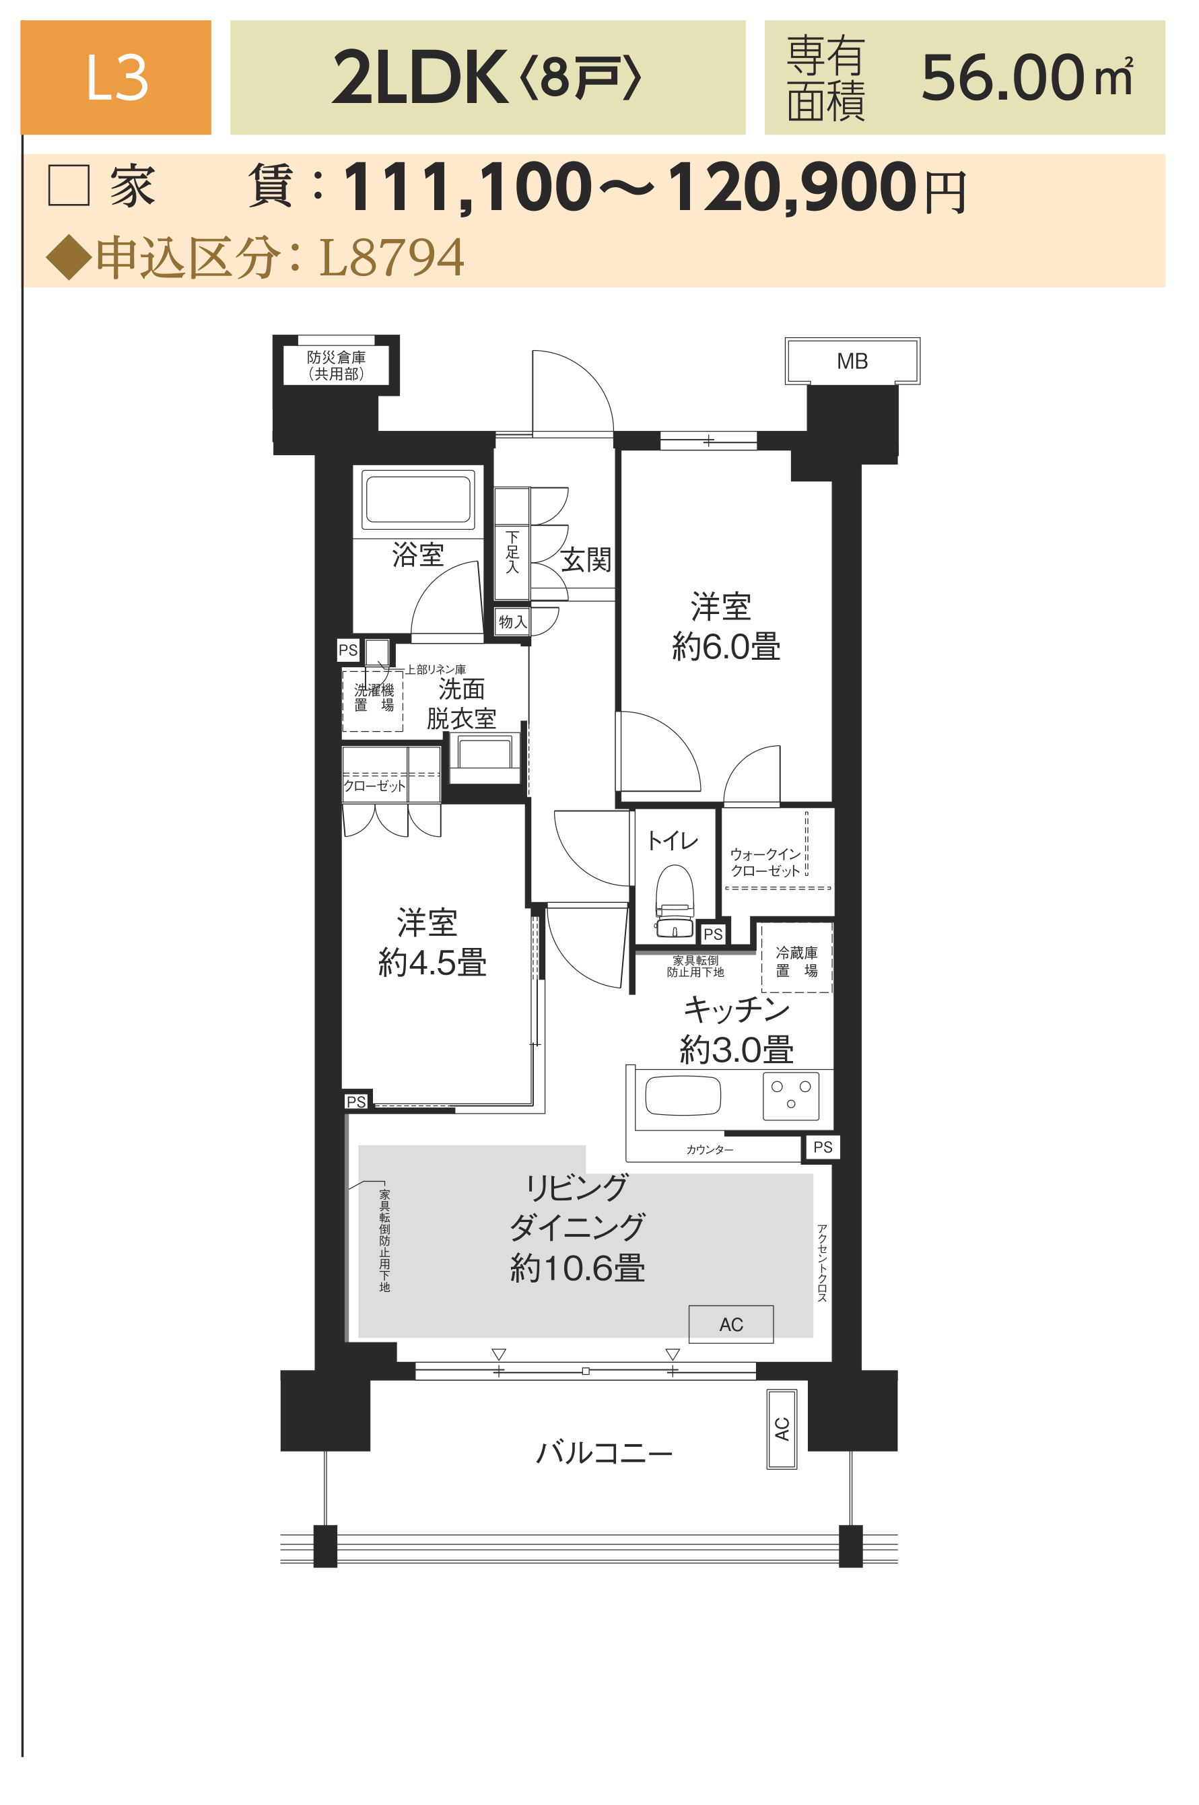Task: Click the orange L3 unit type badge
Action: coord(116,77)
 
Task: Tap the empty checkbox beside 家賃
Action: coord(69,185)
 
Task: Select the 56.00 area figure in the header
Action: coord(1002,77)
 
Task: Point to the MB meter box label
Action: coord(852,362)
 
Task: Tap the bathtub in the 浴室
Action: coord(417,500)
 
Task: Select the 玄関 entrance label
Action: coord(586,560)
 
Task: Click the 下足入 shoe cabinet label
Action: coord(512,551)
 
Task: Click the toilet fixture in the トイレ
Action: coord(675,901)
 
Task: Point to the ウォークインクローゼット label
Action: coord(765,862)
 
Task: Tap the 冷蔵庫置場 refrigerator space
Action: coord(796,958)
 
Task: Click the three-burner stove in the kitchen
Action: coord(790,1095)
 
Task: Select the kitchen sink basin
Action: coord(683,1095)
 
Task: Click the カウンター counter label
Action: coord(710,1150)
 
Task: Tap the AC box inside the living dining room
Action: coord(731,1325)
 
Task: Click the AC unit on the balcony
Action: coord(782,1429)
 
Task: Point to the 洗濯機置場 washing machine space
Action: coord(372,700)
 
